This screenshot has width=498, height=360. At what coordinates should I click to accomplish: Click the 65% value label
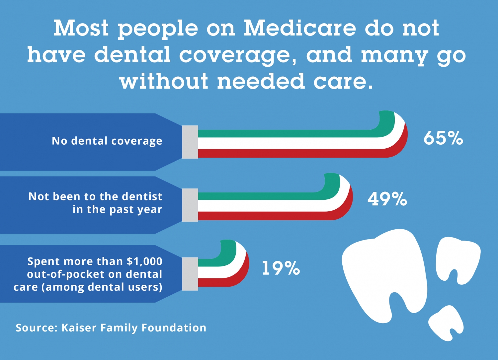(x=443, y=138)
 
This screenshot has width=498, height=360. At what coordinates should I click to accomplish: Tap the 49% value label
(x=387, y=199)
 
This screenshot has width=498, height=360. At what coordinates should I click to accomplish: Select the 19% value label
(x=281, y=268)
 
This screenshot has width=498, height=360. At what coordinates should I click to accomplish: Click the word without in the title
(x=164, y=81)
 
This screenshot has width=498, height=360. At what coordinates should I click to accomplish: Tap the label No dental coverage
(x=107, y=141)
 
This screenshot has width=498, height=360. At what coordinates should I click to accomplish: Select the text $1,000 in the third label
(x=144, y=261)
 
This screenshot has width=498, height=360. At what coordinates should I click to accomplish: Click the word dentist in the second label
(x=142, y=196)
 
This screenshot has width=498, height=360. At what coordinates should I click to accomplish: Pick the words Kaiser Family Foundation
(x=134, y=328)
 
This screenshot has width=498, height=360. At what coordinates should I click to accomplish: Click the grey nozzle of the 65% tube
(x=190, y=142)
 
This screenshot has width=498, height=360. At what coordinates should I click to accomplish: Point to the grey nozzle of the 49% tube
(x=190, y=205)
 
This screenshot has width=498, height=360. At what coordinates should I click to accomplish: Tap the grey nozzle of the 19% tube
(x=190, y=274)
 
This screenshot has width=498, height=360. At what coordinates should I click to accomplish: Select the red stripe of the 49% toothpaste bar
(x=266, y=216)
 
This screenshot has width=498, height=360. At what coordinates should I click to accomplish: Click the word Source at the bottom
(x=36, y=328)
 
